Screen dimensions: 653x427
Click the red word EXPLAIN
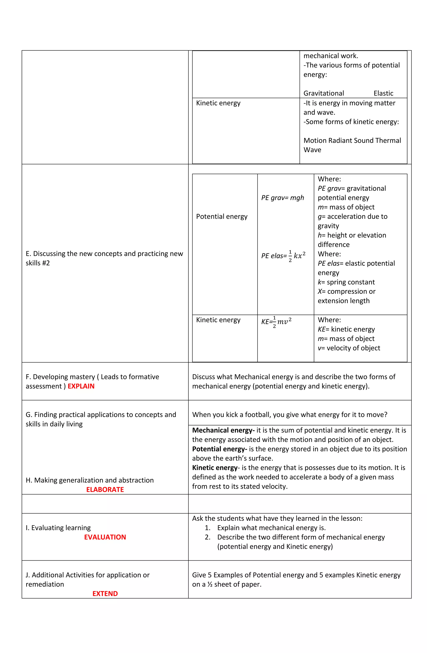pos(81,386)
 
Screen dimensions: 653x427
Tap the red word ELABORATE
pos(105,490)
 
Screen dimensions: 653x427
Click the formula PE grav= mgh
pos(282,198)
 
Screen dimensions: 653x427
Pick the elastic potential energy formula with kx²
pos(283,255)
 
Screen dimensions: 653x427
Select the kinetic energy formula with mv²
pos(276,321)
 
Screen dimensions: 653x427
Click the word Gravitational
pos(324,93)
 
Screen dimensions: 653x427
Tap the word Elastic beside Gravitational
pos(383,93)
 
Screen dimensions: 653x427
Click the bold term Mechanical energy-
pos(223,430)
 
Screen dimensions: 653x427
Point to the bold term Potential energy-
pos(220,449)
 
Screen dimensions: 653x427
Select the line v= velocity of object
pos(349,348)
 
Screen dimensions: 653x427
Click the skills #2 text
pos(38,263)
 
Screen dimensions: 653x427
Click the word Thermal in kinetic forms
pos(388,141)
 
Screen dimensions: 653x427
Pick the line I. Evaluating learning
pos(58,528)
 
